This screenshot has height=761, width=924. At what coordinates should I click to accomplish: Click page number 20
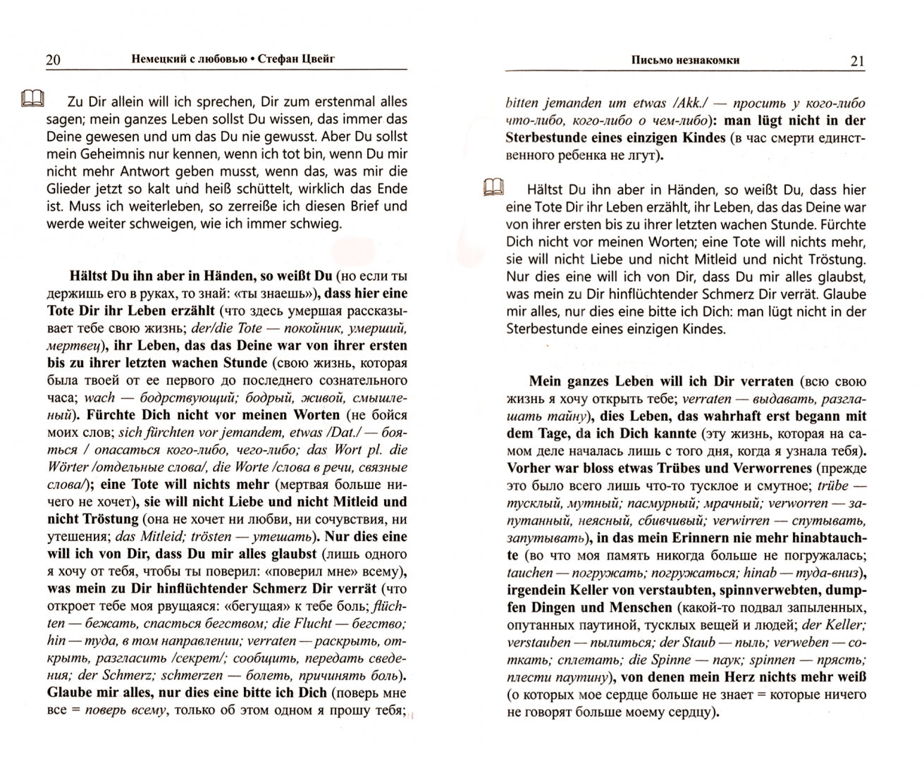52,60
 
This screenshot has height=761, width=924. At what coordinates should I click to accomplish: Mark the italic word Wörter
70,467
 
